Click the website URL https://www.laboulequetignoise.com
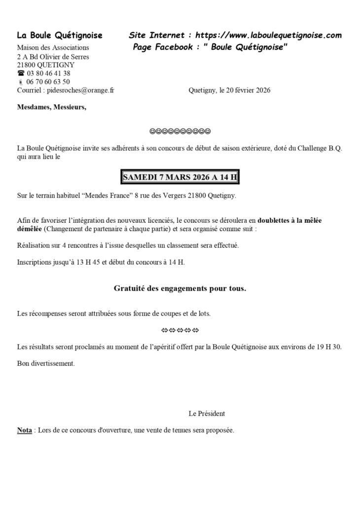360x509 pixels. (268, 35)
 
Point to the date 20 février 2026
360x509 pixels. (245, 90)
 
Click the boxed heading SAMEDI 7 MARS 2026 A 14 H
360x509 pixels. (180, 177)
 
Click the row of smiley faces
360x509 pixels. (180, 131)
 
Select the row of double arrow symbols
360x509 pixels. (180, 329)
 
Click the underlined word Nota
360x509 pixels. (25, 430)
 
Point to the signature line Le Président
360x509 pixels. (207, 413)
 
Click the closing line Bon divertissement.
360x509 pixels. (46, 364)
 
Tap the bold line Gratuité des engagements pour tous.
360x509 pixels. (180, 289)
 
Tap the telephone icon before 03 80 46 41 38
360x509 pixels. (21, 73)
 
